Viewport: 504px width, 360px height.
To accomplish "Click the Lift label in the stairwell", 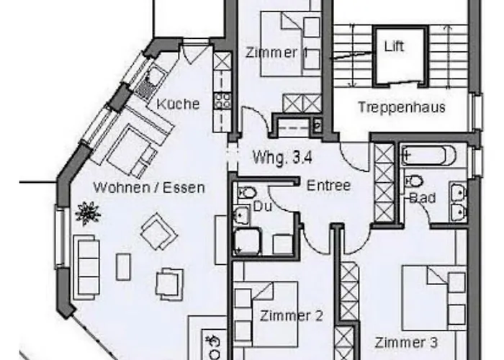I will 394,48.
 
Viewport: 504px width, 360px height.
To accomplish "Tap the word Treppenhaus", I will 402,108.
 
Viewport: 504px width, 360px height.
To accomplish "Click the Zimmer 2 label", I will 291,315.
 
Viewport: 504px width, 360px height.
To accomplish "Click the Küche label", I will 178,104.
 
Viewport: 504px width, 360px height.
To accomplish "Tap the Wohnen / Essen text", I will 149,188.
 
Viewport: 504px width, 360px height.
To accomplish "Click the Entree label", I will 328,186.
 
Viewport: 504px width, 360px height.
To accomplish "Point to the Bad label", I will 422,197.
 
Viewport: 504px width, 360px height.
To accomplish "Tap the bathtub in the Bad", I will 428,156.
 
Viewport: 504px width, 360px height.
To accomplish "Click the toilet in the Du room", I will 247,193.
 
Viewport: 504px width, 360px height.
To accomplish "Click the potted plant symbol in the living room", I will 87,212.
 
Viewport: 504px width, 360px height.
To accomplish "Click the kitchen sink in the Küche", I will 149,81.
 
